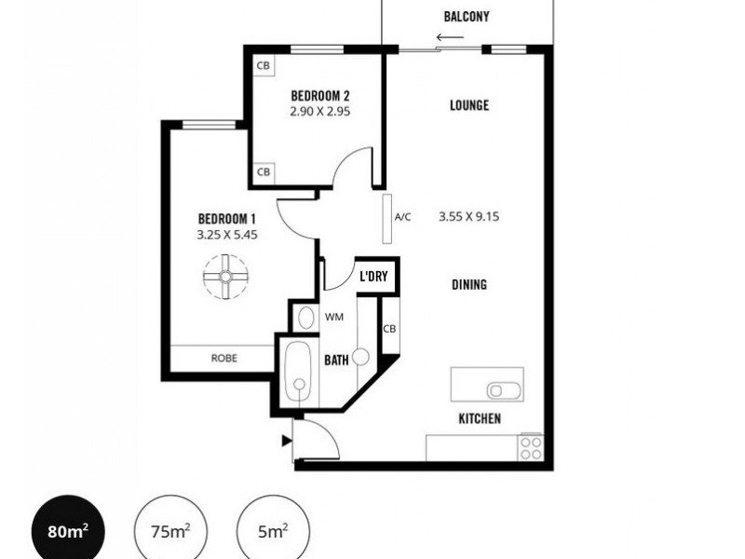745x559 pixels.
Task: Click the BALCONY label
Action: [467, 17]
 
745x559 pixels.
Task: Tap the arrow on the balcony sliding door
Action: [450, 38]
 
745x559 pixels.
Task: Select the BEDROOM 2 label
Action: [319, 95]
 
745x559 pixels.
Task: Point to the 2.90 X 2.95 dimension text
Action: [319, 110]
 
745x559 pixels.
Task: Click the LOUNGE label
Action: [469, 105]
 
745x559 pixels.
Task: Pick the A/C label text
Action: [402, 217]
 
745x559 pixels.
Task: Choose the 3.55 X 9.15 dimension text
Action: [469, 217]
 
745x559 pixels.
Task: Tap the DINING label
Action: [469, 285]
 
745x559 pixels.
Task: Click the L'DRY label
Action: [378, 278]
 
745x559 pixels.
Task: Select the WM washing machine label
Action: [333, 317]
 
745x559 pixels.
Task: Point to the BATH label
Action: [336, 360]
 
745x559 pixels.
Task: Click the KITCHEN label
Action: [480, 419]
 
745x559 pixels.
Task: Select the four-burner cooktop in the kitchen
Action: [531, 447]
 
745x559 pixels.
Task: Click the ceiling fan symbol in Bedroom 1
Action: [226, 277]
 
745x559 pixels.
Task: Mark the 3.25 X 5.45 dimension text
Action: [226, 236]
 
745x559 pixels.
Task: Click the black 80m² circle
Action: [68, 532]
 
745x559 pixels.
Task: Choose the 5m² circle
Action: [272, 532]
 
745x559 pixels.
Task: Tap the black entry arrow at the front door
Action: [287, 440]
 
